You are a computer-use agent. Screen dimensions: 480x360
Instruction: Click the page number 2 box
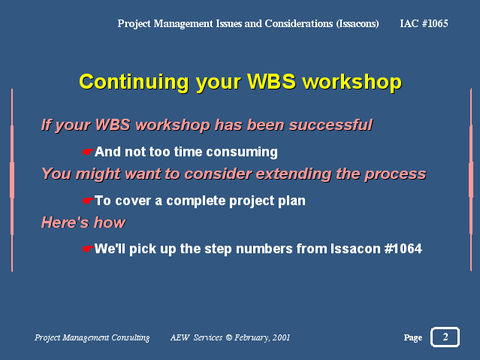[x=445, y=337]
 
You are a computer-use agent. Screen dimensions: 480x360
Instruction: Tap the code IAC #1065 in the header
[x=424, y=23]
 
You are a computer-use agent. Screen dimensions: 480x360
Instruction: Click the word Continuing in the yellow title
[x=134, y=82]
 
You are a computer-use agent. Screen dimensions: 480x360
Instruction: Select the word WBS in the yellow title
[x=271, y=81]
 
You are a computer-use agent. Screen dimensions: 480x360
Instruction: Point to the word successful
[x=331, y=125]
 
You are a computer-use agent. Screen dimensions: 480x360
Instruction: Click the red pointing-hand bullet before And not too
[x=88, y=152]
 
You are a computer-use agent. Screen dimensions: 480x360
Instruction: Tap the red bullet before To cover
[x=88, y=201]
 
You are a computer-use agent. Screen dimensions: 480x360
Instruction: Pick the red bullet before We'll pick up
[x=88, y=249]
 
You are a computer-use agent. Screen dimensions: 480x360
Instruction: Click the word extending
[x=294, y=174]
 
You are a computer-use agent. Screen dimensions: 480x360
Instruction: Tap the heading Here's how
[x=83, y=222]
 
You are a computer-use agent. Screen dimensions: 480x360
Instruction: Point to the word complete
[x=196, y=201]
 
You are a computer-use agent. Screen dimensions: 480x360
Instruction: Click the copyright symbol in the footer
[x=229, y=337]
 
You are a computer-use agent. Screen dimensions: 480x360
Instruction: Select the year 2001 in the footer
[x=281, y=337]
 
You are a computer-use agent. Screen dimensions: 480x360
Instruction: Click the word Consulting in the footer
[x=131, y=337]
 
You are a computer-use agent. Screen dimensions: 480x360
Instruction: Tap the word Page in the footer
[x=413, y=337]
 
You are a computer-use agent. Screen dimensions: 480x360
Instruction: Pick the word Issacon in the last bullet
[x=355, y=249]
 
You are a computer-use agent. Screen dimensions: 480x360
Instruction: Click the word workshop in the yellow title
[x=352, y=82]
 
